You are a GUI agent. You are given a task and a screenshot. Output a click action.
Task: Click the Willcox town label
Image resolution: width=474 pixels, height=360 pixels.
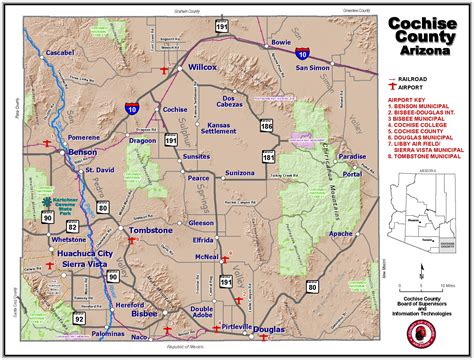(x=203, y=69)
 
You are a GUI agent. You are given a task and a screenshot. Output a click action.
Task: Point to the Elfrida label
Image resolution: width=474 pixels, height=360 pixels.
(x=205, y=240)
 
